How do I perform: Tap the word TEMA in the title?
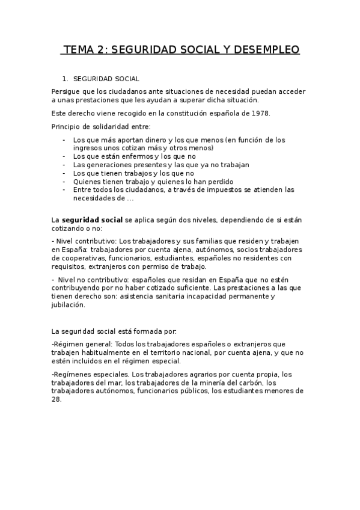click(81, 50)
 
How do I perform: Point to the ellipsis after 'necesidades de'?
click(130, 198)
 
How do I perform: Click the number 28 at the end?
click(56, 399)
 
